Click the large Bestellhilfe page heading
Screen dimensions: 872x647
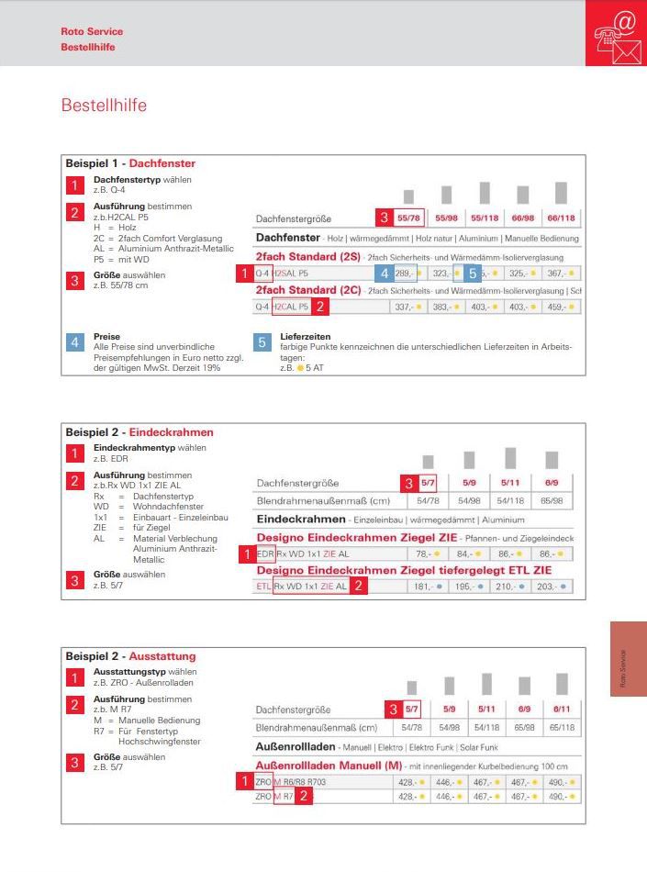[x=103, y=106]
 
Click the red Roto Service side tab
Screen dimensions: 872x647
[x=628, y=657]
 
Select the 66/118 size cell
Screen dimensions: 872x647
[x=561, y=218]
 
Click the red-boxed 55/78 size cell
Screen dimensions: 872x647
[x=408, y=218]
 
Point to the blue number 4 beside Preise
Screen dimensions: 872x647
[x=77, y=342]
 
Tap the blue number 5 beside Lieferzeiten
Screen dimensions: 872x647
[x=262, y=342]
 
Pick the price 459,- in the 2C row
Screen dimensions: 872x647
[x=558, y=307]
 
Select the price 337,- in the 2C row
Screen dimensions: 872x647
[x=403, y=307]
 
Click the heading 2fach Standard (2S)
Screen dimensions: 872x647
[x=307, y=257]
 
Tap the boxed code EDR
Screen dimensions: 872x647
[x=264, y=554]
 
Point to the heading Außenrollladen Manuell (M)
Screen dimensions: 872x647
[x=328, y=766]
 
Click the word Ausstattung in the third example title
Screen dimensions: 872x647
[x=162, y=656]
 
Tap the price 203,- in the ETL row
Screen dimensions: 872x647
[x=547, y=586]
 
